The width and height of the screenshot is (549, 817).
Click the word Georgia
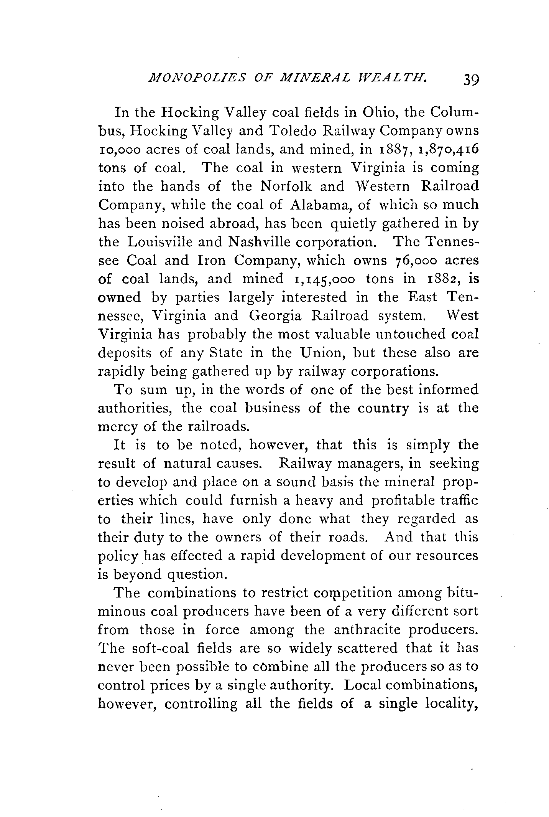click(275, 316)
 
